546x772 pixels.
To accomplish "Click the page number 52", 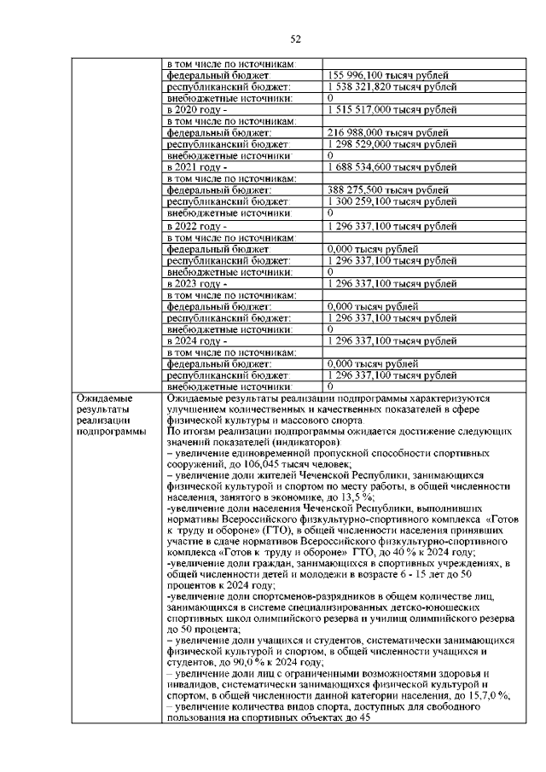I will pos(296,38).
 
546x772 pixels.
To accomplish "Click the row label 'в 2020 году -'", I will pos(197,110).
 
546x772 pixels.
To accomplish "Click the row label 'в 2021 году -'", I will pos(197,168).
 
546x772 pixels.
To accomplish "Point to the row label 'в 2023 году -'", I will pos(197,283).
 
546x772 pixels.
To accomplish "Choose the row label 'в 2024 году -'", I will pos(197,340).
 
